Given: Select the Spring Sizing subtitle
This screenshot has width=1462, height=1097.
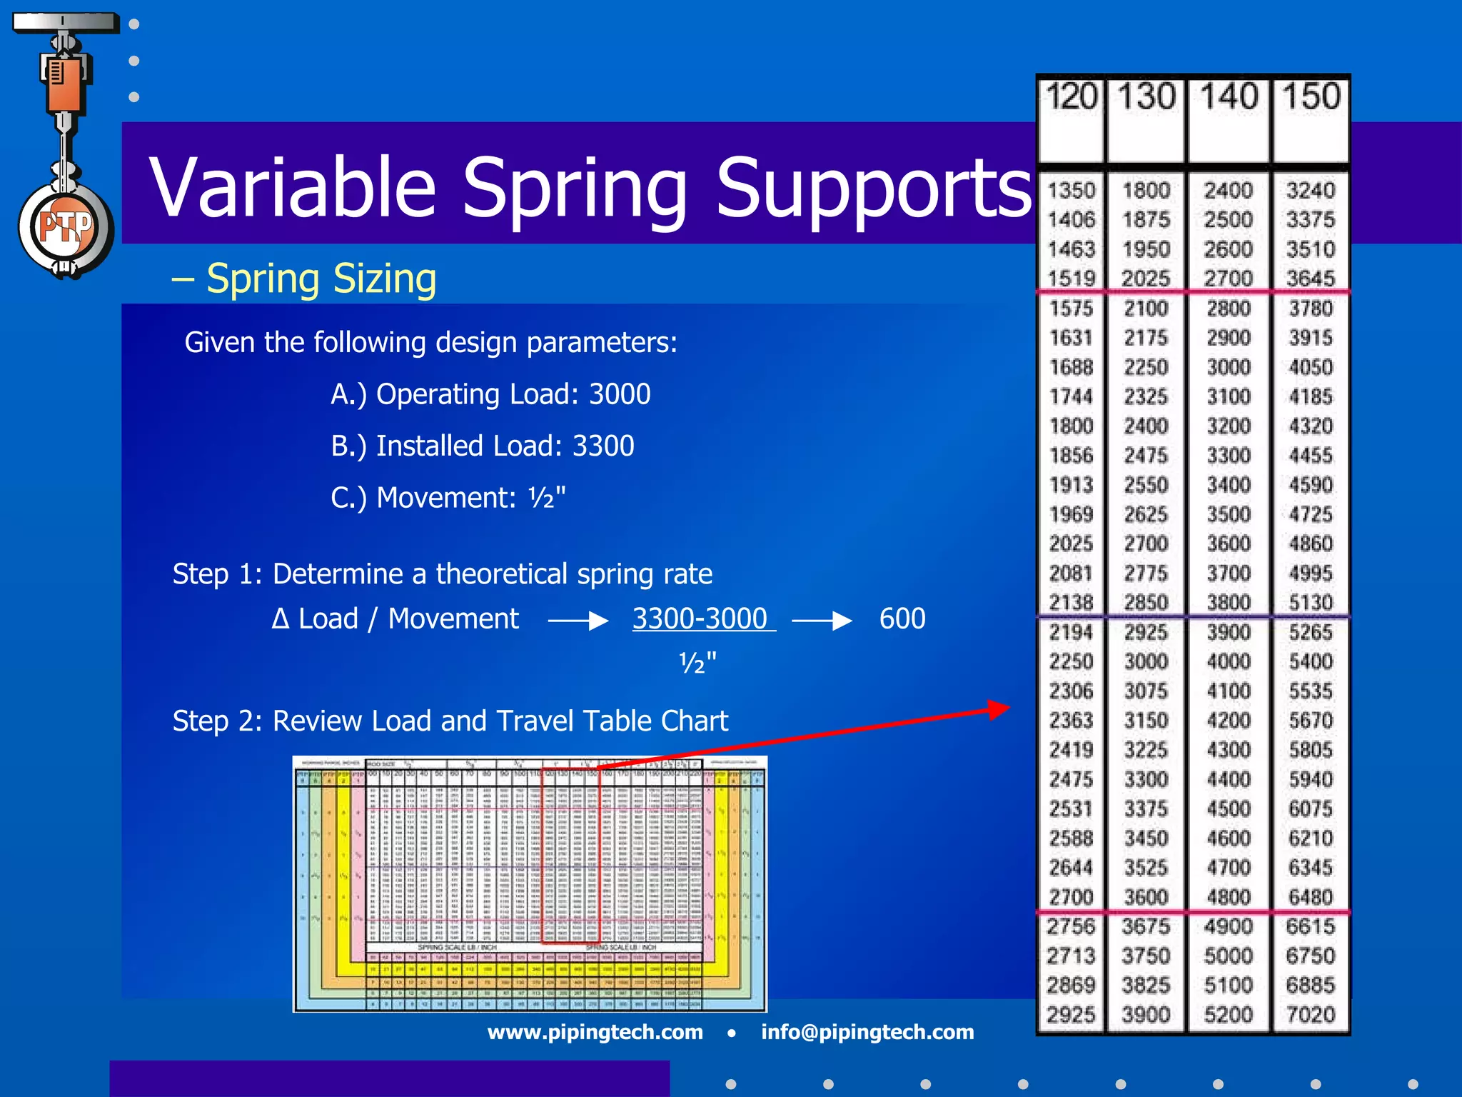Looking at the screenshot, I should pyautogui.click(x=321, y=279).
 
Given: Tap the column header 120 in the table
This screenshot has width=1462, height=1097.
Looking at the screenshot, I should pyautogui.click(x=1071, y=96).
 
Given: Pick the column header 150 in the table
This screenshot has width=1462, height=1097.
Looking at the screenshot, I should pyautogui.click(x=1311, y=96).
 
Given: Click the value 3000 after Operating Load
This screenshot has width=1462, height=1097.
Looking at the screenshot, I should pyautogui.click(x=619, y=394).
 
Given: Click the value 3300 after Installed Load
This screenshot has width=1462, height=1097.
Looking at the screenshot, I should pyautogui.click(x=603, y=446).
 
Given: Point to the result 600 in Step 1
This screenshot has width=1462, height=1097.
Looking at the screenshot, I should pyautogui.click(x=902, y=618).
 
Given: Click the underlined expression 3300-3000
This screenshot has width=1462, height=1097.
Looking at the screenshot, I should pyautogui.click(x=700, y=618).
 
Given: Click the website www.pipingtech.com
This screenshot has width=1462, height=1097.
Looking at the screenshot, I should pyautogui.click(x=595, y=1032).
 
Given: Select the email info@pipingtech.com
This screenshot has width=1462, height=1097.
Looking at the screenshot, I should pyautogui.click(x=867, y=1032).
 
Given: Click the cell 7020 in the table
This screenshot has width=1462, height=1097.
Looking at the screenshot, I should pyautogui.click(x=1311, y=1014).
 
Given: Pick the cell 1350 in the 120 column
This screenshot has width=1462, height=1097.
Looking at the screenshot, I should pyautogui.click(x=1071, y=191).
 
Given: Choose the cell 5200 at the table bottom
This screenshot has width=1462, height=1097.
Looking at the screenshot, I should pyautogui.click(x=1228, y=1014).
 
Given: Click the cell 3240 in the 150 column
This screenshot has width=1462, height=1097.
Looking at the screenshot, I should pyautogui.click(x=1311, y=191).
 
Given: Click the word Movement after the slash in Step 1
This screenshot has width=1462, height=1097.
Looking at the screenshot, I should pyautogui.click(x=453, y=618).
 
